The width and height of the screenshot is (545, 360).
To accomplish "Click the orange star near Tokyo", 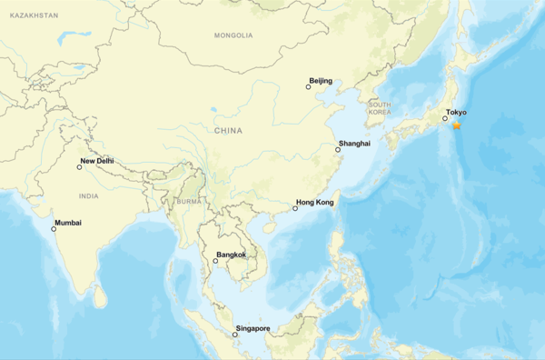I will click(x=456, y=125).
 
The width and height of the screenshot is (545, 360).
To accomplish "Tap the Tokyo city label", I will click(x=455, y=113).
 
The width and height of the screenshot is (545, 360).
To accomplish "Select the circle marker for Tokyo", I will click(x=445, y=118).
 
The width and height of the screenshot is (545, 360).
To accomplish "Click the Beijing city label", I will click(x=321, y=81).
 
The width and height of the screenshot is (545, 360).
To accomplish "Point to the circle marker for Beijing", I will click(x=308, y=88).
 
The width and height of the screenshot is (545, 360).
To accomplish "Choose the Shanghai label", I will click(x=353, y=144).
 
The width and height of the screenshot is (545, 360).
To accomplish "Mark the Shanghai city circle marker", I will click(x=338, y=151).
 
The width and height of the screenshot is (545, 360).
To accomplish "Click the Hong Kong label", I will click(x=314, y=202).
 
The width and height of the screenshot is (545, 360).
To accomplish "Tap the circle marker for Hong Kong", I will click(x=295, y=209).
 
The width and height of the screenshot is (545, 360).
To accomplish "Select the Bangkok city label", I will click(x=232, y=255).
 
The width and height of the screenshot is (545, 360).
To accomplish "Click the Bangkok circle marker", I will click(x=215, y=262).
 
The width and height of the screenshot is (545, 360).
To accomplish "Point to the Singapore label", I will click(x=253, y=327).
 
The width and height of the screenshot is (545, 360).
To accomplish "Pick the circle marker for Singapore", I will click(x=235, y=335).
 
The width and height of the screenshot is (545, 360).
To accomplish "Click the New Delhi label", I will click(x=97, y=161).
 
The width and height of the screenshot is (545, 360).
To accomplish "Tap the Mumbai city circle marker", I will click(x=54, y=229).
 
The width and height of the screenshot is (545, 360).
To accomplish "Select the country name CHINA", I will click(x=229, y=131).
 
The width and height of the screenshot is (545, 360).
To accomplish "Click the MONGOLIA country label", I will click(x=233, y=35).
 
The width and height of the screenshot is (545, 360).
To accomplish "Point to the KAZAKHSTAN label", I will click(x=29, y=15).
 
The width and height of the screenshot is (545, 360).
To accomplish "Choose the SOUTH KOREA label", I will click(x=380, y=108).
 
